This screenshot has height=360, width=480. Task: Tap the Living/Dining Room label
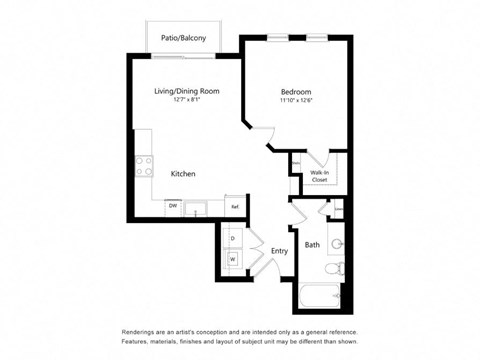[x=187, y=91]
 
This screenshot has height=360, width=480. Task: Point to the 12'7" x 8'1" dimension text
[x=186, y=99]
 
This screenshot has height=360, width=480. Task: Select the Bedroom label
[x=296, y=91]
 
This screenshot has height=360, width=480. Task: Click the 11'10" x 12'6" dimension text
[x=296, y=100]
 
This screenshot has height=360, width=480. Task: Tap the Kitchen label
[x=183, y=174]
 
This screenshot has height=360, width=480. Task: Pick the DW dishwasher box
[x=173, y=206]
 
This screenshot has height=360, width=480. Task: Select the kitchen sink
[x=196, y=207]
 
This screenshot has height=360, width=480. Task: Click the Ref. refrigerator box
[x=235, y=206]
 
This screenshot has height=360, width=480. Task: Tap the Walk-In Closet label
[x=319, y=177]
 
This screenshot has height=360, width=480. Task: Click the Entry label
[x=279, y=250]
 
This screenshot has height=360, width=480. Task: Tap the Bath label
[x=312, y=244]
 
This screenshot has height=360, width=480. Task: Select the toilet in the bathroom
[x=338, y=268]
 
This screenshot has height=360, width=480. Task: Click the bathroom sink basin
[x=338, y=242]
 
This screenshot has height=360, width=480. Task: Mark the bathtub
[x=320, y=297]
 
